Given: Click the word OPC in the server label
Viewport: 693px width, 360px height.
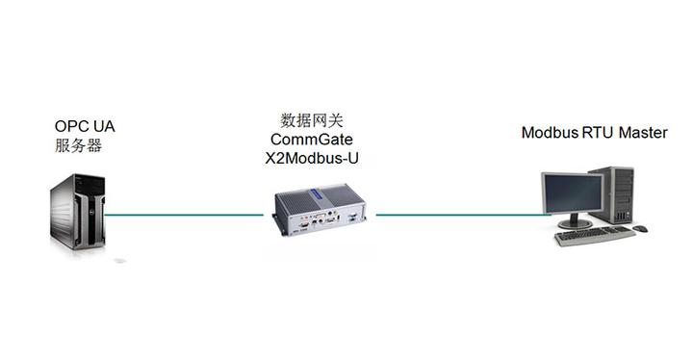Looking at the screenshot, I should (x=70, y=126).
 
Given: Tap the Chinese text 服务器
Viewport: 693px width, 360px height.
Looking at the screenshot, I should (x=78, y=146).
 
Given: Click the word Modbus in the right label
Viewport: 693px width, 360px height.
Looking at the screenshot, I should (x=550, y=133).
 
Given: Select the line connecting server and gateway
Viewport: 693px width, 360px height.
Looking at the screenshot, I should (x=183, y=215).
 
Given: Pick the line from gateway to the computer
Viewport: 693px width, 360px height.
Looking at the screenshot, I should (x=457, y=215).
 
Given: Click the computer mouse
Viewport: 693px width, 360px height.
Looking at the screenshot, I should (x=641, y=229).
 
